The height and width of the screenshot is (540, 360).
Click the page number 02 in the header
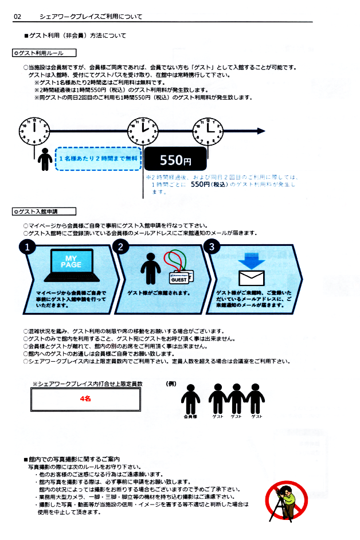[x=18, y=17]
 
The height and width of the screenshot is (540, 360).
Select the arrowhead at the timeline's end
[x=261, y=131]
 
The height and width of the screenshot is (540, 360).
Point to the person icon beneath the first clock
[x=45, y=159]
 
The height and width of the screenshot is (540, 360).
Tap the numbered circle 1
[x=27, y=248]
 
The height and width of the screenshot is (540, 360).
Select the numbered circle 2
[x=120, y=248]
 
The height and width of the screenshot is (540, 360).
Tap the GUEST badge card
[x=182, y=279]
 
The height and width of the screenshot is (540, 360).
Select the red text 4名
[x=85, y=398]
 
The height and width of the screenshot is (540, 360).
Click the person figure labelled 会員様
[x=190, y=398]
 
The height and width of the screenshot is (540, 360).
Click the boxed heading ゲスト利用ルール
[x=38, y=53]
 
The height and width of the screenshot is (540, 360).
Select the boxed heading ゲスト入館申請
[x=38, y=212]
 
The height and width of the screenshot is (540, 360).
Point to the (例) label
[x=171, y=383]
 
